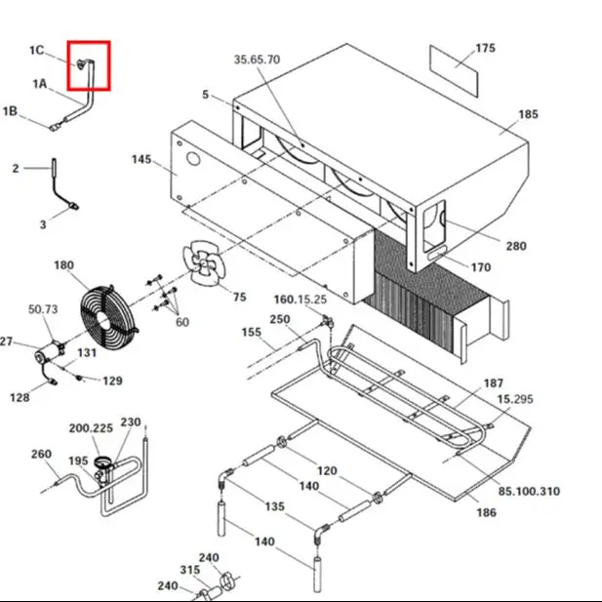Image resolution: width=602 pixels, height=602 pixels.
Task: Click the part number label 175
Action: pyautogui.click(x=485, y=49)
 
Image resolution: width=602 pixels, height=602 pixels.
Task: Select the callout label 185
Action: pyautogui.click(x=528, y=114)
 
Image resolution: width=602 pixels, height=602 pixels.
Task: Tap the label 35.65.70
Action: pyautogui.click(x=257, y=60)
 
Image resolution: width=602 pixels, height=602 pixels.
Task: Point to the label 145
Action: pyautogui.click(x=141, y=159)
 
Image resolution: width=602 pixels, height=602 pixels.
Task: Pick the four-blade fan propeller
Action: pyautogui.click(x=204, y=261)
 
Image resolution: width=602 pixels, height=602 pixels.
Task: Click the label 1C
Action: pyautogui.click(x=37, y=51)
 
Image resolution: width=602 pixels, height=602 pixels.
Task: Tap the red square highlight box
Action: pyautogui.click(x=89, y=65)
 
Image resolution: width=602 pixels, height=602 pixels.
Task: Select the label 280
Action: pyautogui.click(x=516, y=246)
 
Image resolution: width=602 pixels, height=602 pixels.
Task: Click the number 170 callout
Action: pyautogui.click(x=481, y=267)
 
